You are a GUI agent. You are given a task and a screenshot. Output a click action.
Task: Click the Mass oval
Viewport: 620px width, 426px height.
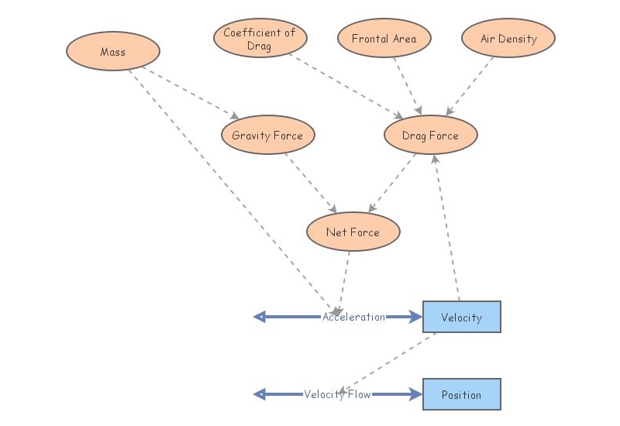113,52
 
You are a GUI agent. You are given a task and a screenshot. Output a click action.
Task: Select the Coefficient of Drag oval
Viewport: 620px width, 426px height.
260,39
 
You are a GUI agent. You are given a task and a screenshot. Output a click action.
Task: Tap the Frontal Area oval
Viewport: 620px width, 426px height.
384,39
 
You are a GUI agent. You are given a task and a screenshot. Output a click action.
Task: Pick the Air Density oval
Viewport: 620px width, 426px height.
508,39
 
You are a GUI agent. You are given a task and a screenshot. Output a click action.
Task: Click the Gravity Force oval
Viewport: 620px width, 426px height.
267,136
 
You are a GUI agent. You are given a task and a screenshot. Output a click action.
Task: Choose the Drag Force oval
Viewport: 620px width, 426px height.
431,136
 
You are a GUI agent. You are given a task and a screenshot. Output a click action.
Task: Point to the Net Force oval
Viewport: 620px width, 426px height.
353,232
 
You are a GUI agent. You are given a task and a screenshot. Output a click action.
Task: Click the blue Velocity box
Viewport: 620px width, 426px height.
461,317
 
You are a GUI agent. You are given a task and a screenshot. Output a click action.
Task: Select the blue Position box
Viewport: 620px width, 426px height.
461,394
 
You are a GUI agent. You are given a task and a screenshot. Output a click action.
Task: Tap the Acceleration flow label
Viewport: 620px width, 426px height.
353,317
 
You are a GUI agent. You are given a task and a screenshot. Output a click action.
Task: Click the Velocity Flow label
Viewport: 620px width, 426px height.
337,394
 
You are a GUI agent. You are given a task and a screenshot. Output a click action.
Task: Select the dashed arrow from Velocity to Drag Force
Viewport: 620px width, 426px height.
447,228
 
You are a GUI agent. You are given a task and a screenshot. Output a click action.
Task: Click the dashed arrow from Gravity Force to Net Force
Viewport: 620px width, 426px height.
310,183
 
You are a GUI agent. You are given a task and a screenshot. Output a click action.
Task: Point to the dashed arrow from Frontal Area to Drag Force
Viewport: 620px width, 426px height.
408,85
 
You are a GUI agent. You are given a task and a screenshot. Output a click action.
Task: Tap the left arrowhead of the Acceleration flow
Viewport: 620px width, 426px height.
260,317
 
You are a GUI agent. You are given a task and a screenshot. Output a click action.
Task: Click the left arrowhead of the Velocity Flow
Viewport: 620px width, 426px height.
260,394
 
